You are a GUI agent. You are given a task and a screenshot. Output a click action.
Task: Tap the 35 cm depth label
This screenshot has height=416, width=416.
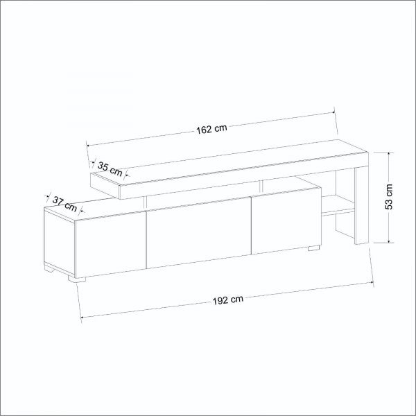[110, 167]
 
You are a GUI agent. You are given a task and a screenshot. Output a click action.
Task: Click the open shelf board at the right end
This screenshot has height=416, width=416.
[337, 203]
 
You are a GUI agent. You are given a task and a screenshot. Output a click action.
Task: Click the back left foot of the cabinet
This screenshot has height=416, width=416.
[49, 267]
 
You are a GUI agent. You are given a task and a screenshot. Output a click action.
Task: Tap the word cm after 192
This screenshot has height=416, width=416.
[237, 299]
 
